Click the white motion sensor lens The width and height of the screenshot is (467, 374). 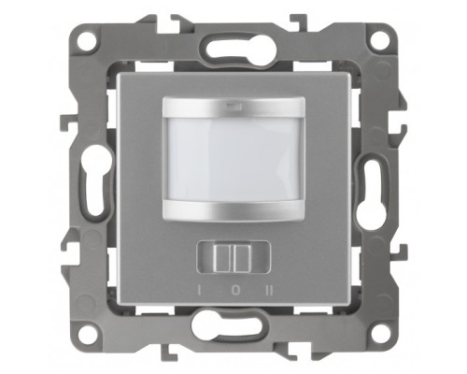[x=233, y=160]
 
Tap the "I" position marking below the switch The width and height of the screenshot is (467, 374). [x=199, y=291]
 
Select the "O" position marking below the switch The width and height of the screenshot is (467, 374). [x=236, y=291]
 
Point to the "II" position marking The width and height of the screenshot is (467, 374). [x=270, y=291]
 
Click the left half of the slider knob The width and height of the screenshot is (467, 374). [x=223, y=258]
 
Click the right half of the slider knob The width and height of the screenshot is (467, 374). [x=242, y=258]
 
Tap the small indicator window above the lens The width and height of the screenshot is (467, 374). [x=233, y=108]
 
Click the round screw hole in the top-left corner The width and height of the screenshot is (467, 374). [x=88, y=40]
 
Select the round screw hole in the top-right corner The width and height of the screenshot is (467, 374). [x=380, y=40]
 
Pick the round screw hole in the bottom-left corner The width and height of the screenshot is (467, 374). [x=88, y=332]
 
